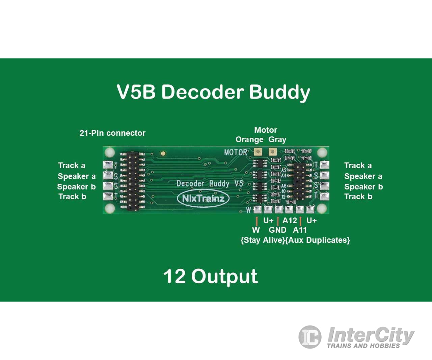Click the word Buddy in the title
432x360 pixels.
pyautogui.click(x=279, y=92)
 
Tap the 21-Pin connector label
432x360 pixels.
pyautogui.click(x=112, y=133)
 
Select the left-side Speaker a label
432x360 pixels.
pyautogui.click(x=77, y=176)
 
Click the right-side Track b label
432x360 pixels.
pyautogui.click(x=358, y=197)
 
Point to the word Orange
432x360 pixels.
pyautogui.click(x=249, y=139)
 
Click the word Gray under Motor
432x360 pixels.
pyautogui.click(x=277, y=139)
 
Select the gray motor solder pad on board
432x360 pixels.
pyautogui.click(x=272, y=152)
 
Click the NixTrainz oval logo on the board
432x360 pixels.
pyautogui.click(x=203, y=198)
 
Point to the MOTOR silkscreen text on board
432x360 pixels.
pyautogui.click(x=236, y=152)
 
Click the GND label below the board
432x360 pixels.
pyautogui.click(x=277, y=230)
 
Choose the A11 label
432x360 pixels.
pyautogui.click(x=300, y=230)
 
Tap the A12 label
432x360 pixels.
pyautogui.click(x=290, y=221)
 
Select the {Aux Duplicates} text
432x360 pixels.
pyautogui.click(x=318, y=240)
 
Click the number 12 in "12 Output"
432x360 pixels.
pyautogui.click(x=174, y=276)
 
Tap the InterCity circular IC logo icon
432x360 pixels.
pyautogui.click(x=310, y=337)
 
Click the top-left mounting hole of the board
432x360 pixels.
pyautogui.click(x=109, y=152)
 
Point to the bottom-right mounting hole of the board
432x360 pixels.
pyautogui.click(x=322, y=208)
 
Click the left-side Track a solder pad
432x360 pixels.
pyautogui.click(x=108, y=165)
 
